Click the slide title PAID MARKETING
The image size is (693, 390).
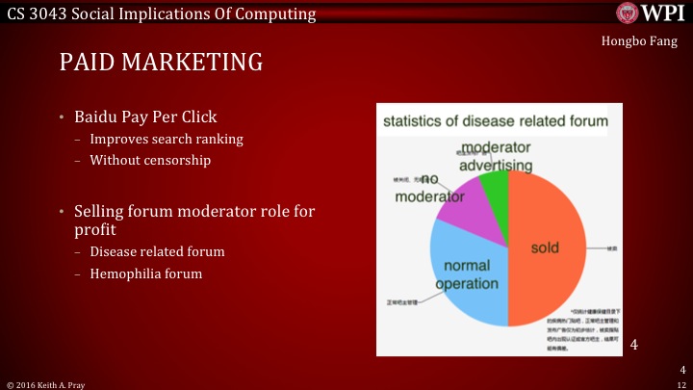tap(161, 63)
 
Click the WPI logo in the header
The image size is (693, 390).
tap(650, 13)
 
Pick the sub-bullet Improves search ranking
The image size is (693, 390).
tap(167, 140)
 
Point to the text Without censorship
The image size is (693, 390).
tap(149, 160)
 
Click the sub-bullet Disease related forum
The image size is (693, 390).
tap(157, 252)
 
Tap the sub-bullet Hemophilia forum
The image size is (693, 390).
tap(146, 273)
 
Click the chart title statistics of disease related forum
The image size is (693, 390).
tap(496, 121)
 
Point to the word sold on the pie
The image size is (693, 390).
tap(545, 247)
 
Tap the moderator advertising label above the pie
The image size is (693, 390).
tap(495, 156)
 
